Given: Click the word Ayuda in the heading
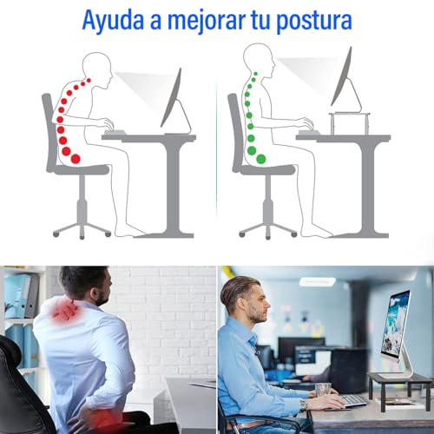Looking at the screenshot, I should click(116, 19).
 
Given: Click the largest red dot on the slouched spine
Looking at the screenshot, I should click(75, 158).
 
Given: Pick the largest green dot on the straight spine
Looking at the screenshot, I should click(252, 150).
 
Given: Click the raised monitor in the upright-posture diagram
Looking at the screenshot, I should click(342, 78).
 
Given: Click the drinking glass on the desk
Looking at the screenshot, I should click(324, 391).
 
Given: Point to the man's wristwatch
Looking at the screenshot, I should click(304, 404).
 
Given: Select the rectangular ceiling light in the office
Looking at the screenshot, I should click(317, 281).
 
